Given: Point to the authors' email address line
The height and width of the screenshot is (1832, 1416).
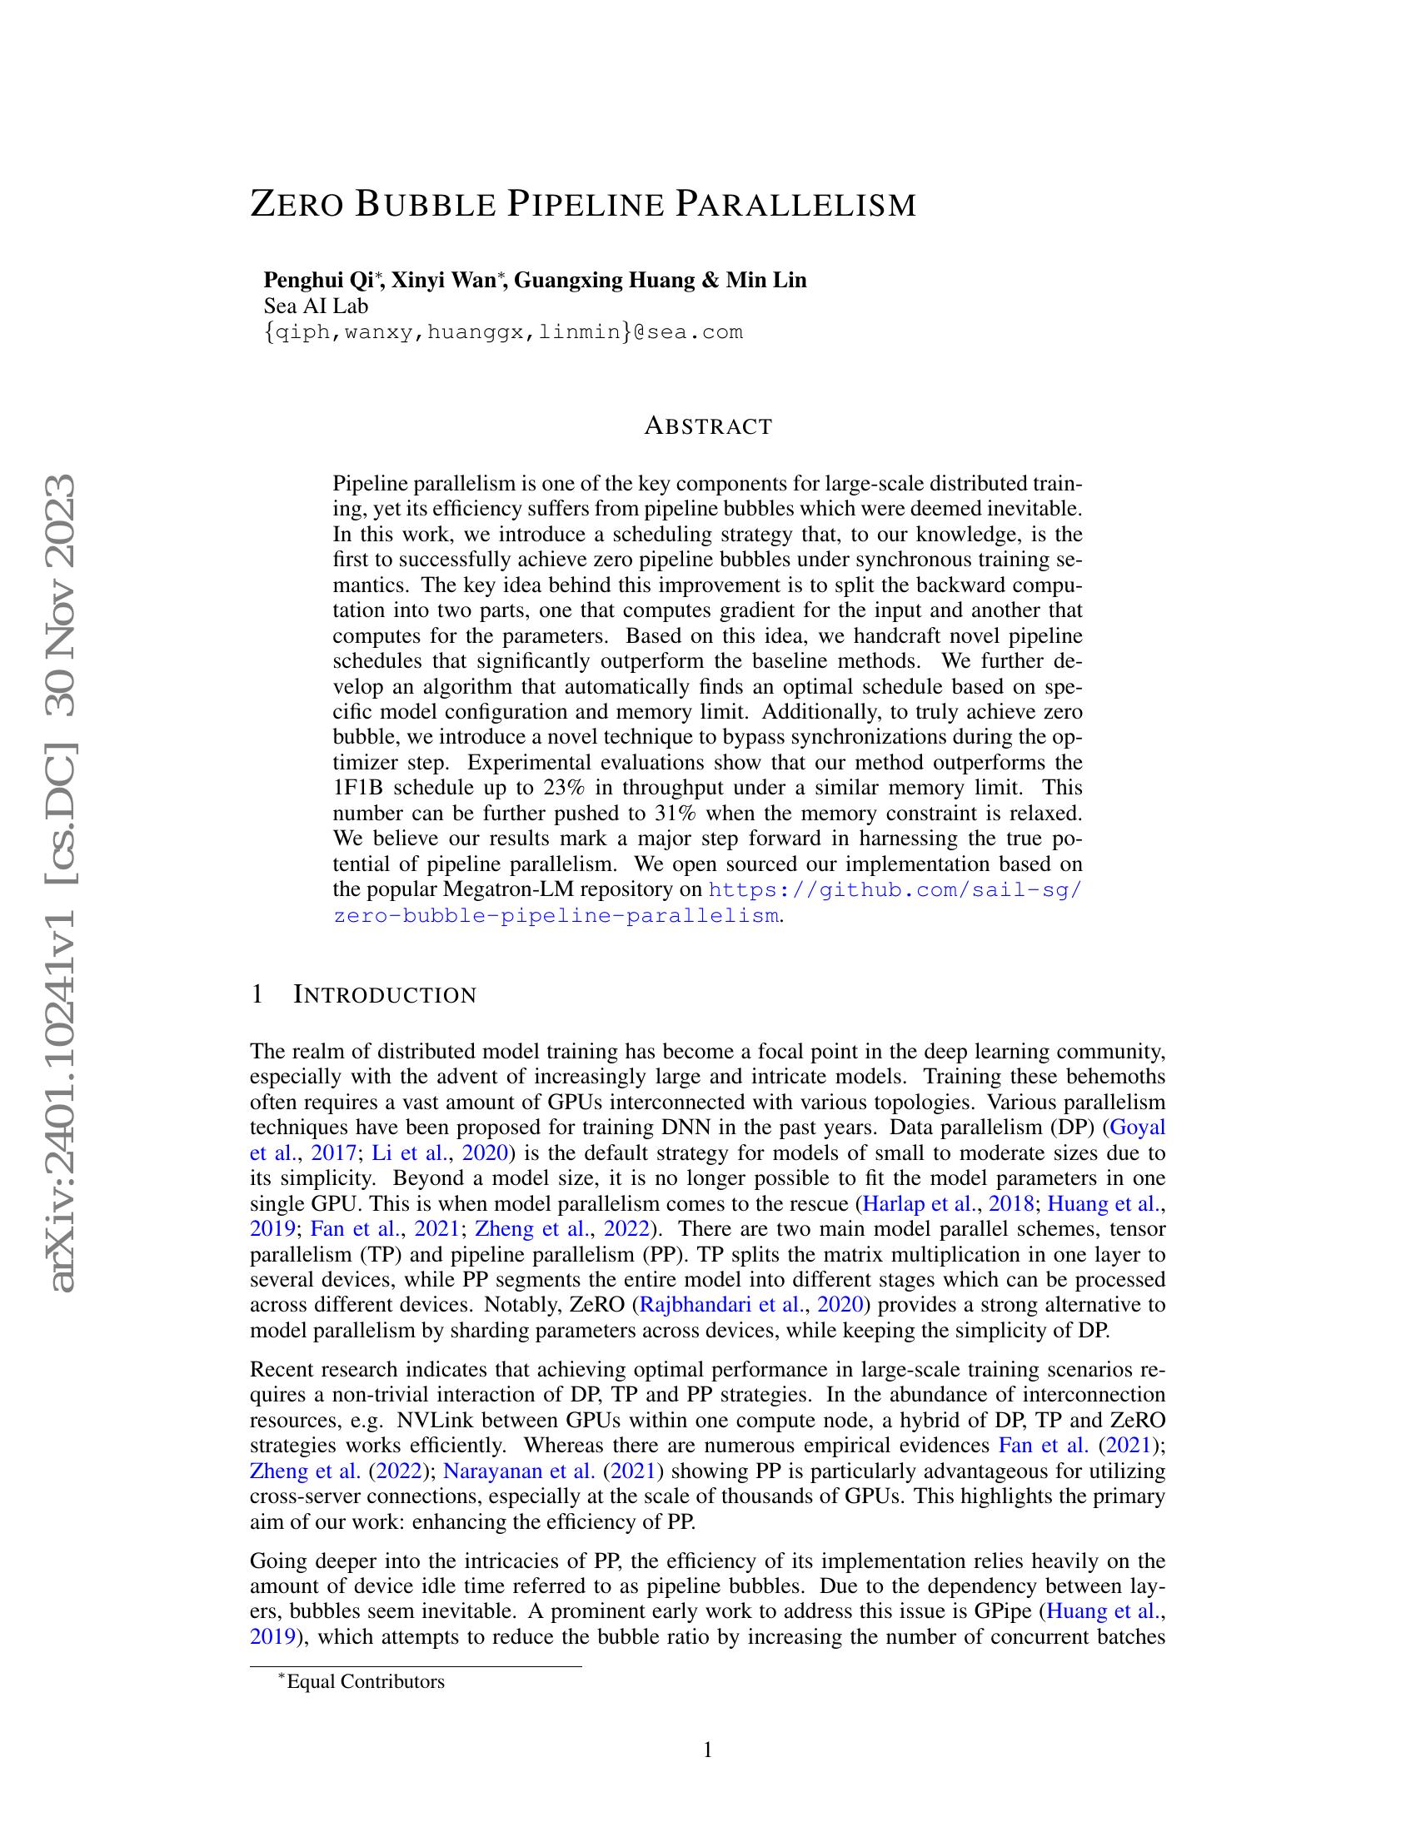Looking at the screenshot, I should point(503,332).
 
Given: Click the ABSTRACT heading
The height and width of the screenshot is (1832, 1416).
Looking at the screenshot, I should point(708,426).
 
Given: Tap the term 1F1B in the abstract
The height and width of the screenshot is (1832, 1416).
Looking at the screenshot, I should point(359,788).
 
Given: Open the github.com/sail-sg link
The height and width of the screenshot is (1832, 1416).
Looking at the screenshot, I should point(896,889).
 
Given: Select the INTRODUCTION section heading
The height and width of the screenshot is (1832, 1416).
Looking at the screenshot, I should point(385,996).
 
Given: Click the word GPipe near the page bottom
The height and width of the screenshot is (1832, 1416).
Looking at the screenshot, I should point(1007,1611).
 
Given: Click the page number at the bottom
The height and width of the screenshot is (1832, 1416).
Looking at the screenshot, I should point(707,1750).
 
